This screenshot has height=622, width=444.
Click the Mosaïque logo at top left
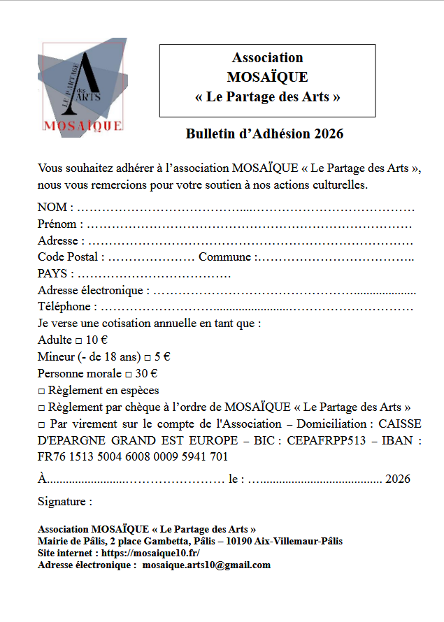click(x=82, y=87)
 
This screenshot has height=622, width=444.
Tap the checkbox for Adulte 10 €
click(x=78, y=340)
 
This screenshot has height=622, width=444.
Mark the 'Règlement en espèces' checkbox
click(x=42, y=391)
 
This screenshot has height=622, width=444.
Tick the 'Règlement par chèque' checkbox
click(x=42, y=407)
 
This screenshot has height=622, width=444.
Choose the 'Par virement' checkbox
click(x=42, y=424)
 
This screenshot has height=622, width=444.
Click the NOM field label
click(x=52, y=207)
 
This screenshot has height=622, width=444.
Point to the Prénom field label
click(x=57, y=224)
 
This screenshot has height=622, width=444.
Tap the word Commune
click(x=224, y=257)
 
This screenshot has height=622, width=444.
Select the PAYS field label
click(x=52, y=274)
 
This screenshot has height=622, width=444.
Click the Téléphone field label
click(x=64, y=307)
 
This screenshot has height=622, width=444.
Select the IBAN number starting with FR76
click(x=133, y=457)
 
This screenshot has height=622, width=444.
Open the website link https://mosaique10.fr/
click(x=151, y=553)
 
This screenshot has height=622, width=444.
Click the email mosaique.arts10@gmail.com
click(x=206, y=565)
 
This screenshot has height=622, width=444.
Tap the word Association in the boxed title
click(x=268, y=58)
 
